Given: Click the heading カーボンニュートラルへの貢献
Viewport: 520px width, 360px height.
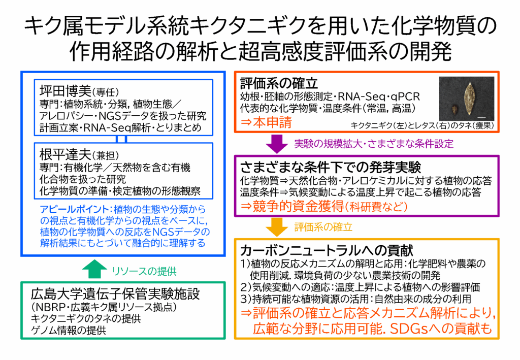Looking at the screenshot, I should pyautogui.click(x=326, y=250).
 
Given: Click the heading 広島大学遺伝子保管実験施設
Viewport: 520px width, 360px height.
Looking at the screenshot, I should pyautogui.click(x=114, y=294).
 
